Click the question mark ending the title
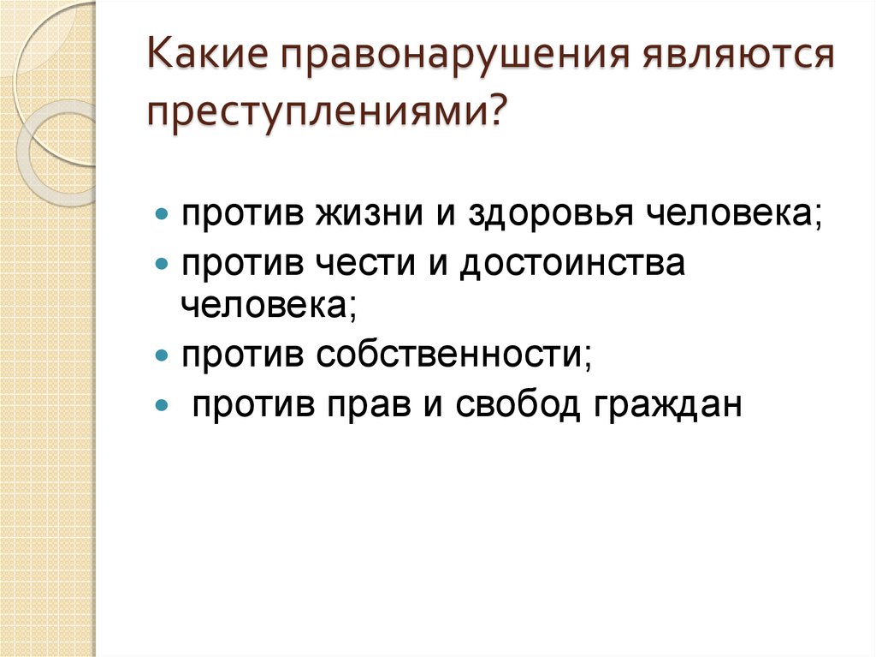(495, 113)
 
